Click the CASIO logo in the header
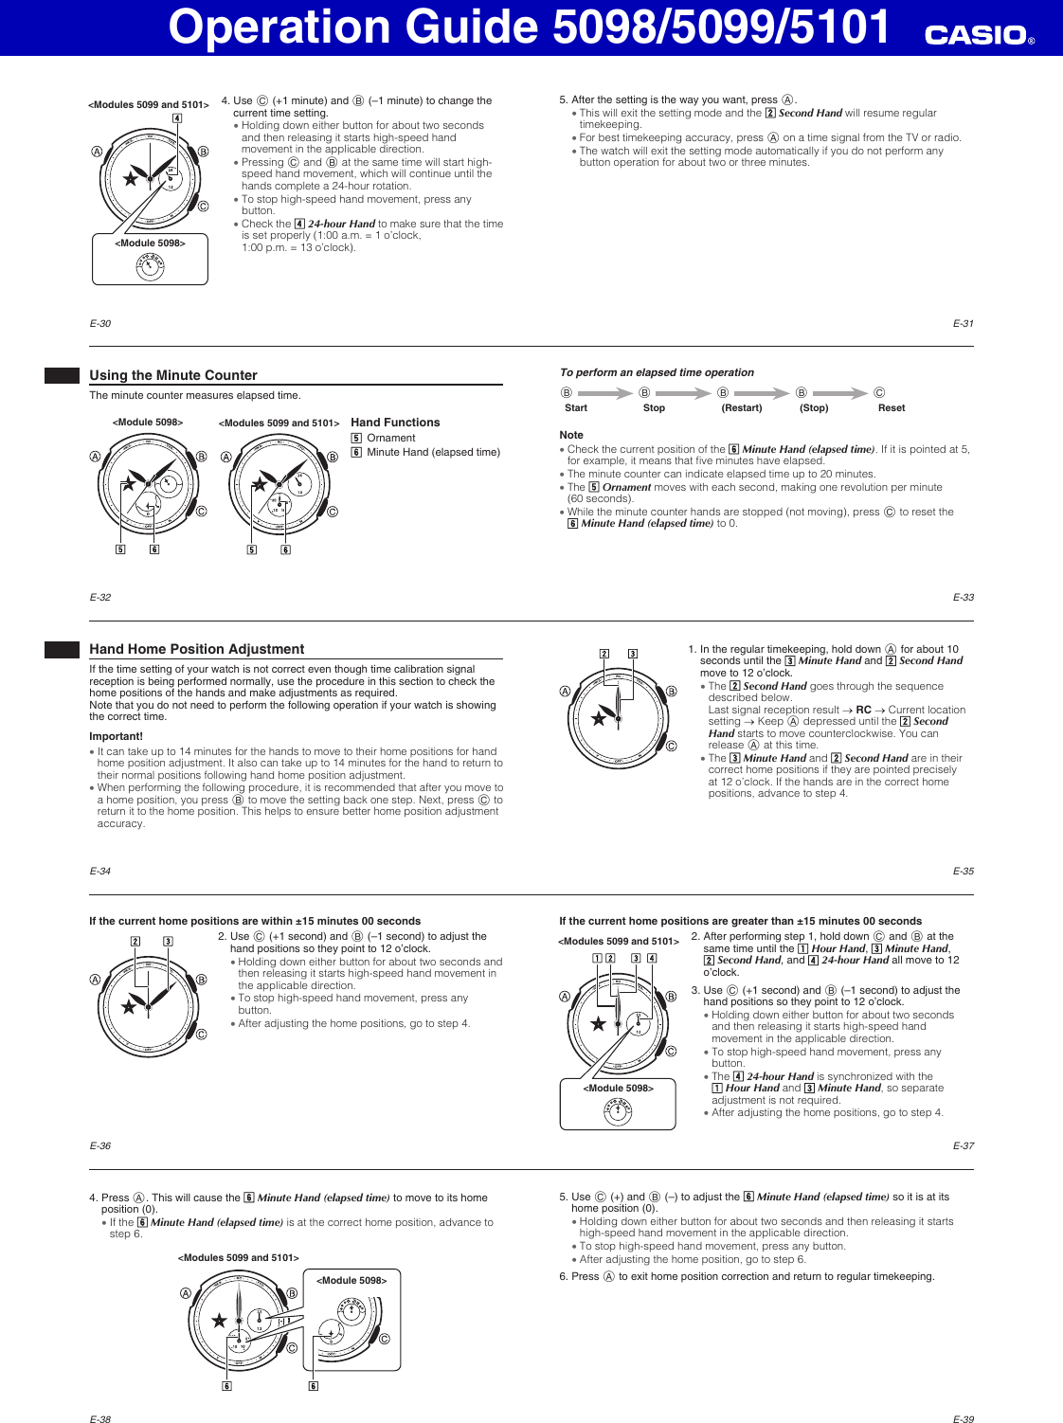[979, 35]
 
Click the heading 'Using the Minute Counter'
[173, 375]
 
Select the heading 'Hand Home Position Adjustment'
[197, 649]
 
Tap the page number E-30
[100, 324]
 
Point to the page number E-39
[963, 1419]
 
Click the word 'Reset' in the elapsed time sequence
[891, 408]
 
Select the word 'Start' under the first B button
[576, 408]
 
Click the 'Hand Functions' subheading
[395, 423]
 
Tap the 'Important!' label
[116, 736]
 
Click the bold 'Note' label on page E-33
[571, 435]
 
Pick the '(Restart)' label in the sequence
[741, 408]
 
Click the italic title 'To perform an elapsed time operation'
[657, 372]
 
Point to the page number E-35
[963, 871]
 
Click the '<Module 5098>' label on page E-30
[150, 243]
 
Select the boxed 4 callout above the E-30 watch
[177, 118]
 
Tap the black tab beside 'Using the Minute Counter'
[62, 375]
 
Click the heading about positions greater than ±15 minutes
[740, 921]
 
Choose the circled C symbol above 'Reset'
[879, 392]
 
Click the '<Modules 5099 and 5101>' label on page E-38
[238, 1258]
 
